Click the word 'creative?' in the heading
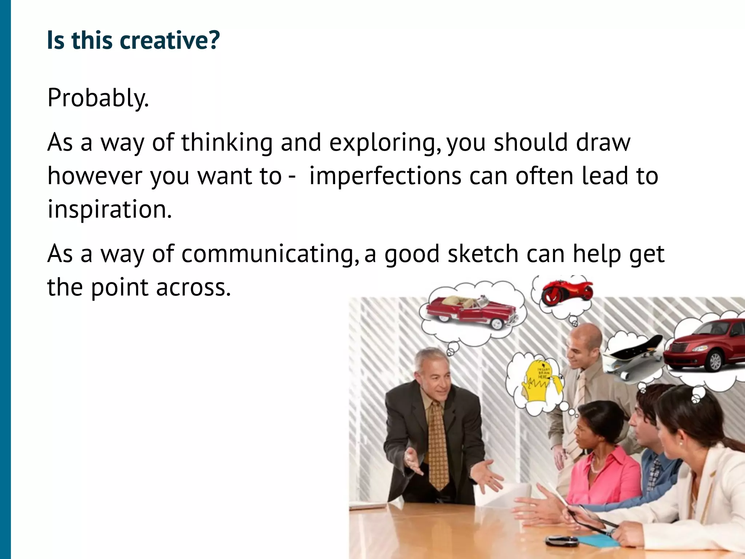170,40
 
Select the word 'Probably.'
98,98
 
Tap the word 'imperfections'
385,176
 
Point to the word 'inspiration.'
109,210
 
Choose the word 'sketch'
483,254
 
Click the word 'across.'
194,287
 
